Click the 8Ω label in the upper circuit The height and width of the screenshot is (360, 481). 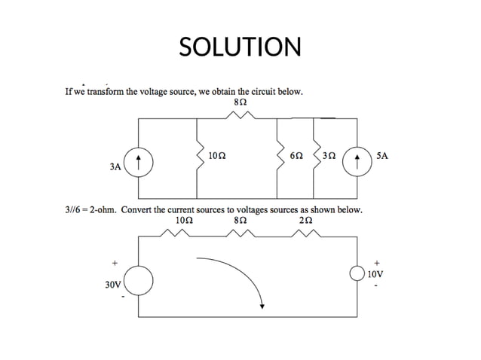[242, 102]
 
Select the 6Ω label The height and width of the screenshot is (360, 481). [297, 157]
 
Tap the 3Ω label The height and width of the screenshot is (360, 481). [329, 157]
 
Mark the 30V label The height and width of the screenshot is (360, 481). [114, 285]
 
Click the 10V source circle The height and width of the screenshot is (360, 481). [358, 274]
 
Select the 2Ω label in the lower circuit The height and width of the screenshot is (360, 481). [304, 221]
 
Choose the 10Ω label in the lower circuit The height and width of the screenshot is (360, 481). [182, 221]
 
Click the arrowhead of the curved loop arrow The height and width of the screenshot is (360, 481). [262, 305]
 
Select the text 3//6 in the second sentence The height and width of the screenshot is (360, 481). [73, 210]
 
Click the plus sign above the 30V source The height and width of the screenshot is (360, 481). [115, 263]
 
